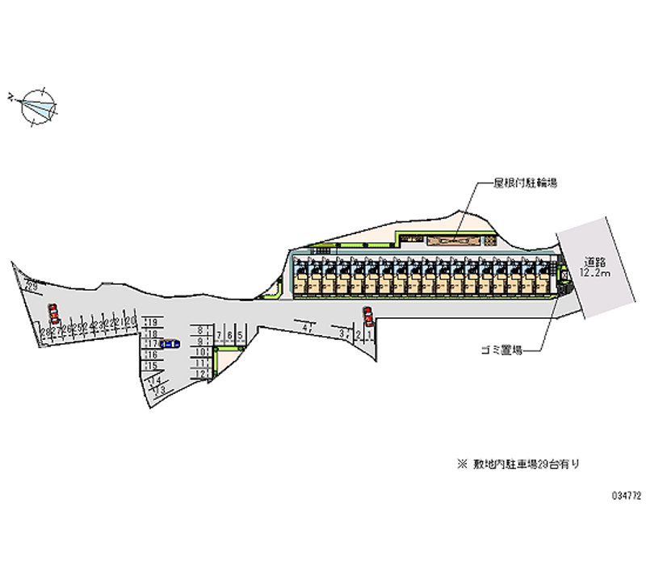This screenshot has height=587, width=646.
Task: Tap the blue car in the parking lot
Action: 170,344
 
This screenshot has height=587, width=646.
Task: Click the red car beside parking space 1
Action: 368,316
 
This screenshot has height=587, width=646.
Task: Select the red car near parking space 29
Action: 53,313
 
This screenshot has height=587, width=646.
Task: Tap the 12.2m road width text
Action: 594,273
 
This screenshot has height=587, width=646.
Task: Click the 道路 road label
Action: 595,262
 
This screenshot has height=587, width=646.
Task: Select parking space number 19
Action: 150,322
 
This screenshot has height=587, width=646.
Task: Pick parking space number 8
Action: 199,330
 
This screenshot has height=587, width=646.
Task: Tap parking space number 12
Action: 199,374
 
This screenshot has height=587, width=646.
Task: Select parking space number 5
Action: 240,335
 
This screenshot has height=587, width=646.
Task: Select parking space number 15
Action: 150,365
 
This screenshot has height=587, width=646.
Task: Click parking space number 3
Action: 342,333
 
